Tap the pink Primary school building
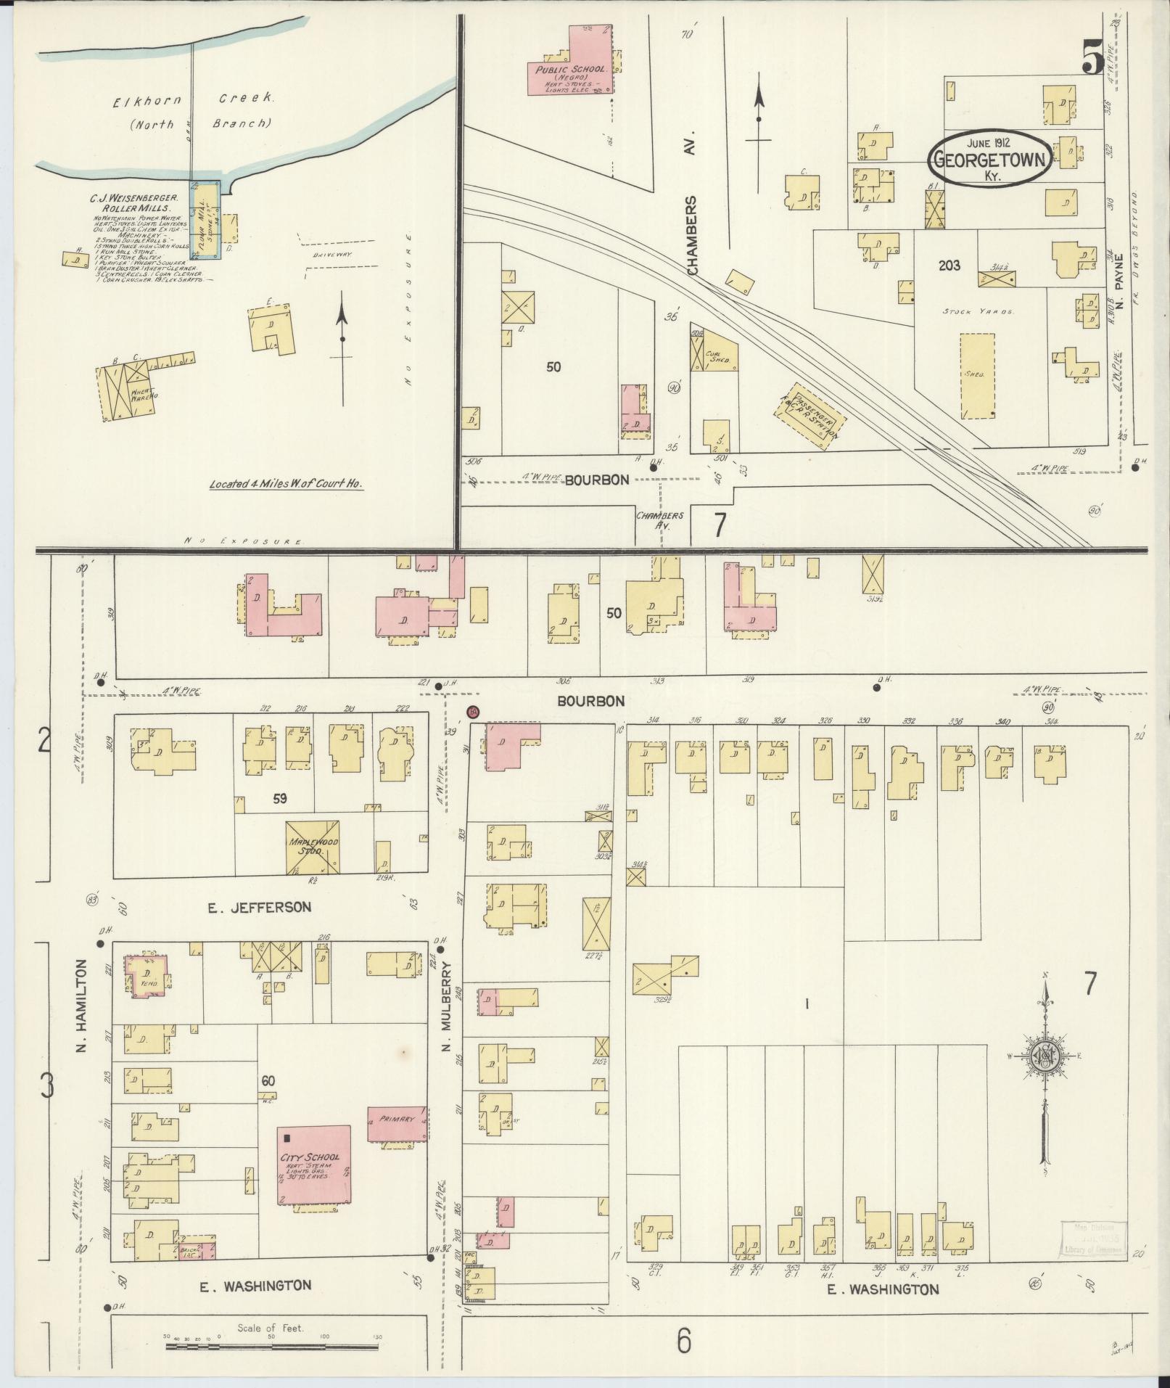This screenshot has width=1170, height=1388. (x=396, y=1139)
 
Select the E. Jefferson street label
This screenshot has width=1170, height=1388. (x=259, y=907)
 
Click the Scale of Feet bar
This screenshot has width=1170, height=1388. (x=272, y=1347)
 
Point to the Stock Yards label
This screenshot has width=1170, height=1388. (x=977, y=311)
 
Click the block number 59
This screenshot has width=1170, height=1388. (x=279, y=800)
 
